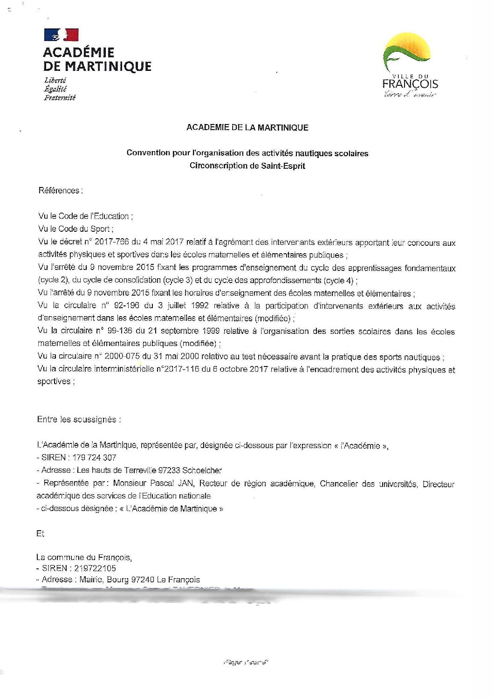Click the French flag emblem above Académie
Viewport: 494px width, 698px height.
(61, 35)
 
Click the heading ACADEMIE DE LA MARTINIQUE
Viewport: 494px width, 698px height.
(247, 127)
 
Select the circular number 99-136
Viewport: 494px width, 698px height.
(121, 331)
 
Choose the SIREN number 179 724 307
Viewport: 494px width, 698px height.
(94, 457)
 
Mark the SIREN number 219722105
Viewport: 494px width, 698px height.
(95, 568)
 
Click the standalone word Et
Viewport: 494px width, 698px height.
(40, 533)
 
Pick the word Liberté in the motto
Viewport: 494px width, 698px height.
(55, 80)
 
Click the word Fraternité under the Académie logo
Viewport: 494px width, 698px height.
(60, 97)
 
